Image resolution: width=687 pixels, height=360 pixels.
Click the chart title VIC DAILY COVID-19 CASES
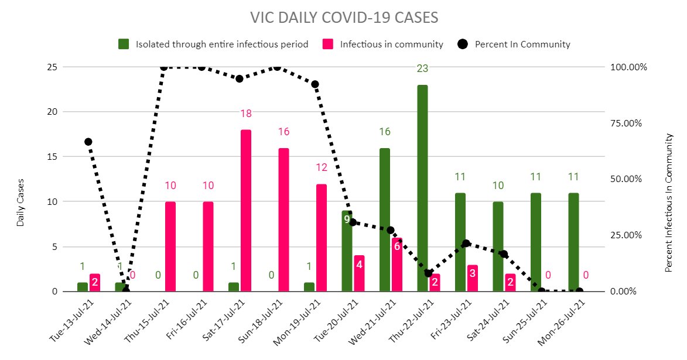[343, 18]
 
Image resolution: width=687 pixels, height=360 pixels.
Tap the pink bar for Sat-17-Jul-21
[245, 211]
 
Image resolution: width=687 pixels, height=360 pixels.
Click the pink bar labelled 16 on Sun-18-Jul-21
[283, 220]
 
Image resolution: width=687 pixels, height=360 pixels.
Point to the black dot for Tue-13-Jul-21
[88, 142]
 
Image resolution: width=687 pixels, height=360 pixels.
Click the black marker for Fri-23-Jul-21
[466, 244]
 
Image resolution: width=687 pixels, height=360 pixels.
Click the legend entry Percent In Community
[522, 44]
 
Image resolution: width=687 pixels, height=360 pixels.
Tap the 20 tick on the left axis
[52, 112]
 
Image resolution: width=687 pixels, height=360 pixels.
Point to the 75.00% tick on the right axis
[630, 123]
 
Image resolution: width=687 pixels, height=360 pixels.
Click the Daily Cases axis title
[20, 202]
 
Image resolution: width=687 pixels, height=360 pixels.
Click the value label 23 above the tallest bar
[422, 68]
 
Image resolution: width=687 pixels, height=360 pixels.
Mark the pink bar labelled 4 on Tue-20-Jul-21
[359, 273]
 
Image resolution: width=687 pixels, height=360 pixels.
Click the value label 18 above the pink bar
[245, 113]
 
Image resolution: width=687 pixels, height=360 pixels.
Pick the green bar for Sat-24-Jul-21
[498, 246]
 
